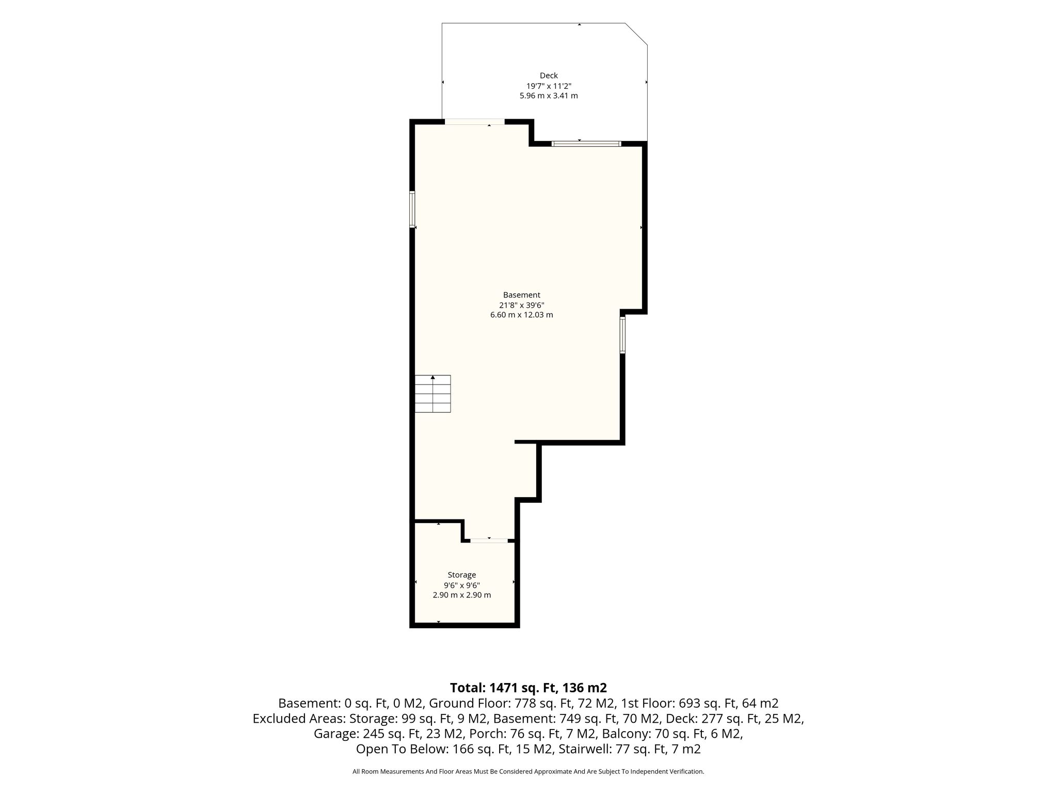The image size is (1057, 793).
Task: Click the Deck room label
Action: [549, 75]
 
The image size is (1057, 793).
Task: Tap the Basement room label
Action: [521, 295]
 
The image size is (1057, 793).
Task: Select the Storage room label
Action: [461, 575]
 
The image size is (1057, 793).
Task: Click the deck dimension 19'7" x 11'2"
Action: [549, 86]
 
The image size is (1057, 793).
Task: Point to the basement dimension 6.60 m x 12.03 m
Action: [521, 314]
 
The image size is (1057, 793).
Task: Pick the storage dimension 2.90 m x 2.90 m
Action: [461, 595]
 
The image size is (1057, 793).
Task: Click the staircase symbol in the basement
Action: [433, 393]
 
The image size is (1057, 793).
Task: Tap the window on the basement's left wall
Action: [412, 209]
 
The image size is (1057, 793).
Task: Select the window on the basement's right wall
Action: [622, 335]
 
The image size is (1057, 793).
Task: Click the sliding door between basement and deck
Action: [586, 144]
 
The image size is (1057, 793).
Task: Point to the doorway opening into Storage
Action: [489, 541]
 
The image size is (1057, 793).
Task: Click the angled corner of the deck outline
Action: [636, 34]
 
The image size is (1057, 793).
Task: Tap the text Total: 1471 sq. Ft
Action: [504, 688]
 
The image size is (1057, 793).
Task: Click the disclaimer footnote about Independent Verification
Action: [528, 771]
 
